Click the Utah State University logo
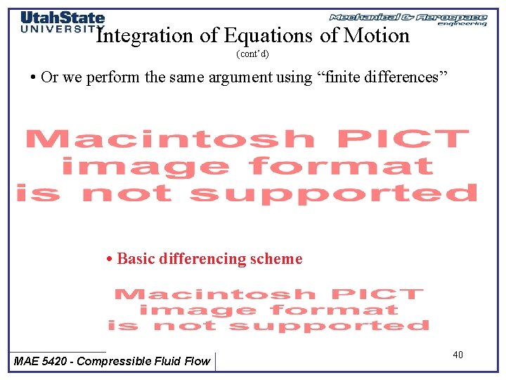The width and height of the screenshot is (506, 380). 62,23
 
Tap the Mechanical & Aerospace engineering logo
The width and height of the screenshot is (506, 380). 408,18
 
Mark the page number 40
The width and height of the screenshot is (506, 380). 458,355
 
